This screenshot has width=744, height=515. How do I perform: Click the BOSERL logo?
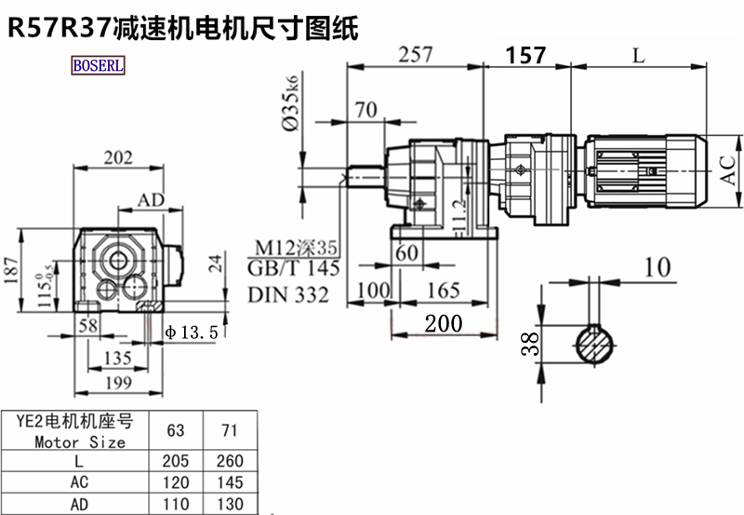(98, 67)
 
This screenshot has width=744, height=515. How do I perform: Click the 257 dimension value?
(415, 55)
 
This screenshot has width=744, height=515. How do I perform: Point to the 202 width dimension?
(118, 158)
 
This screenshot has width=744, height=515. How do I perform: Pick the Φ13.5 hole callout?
(191, 332)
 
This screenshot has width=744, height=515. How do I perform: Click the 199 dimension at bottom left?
(116, 381)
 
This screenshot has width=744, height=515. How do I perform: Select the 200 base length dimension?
(443, 323)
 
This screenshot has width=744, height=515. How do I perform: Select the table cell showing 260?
(228, 461)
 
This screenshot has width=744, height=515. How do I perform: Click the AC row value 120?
(175, 483)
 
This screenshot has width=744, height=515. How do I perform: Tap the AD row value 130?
(228, 505)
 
